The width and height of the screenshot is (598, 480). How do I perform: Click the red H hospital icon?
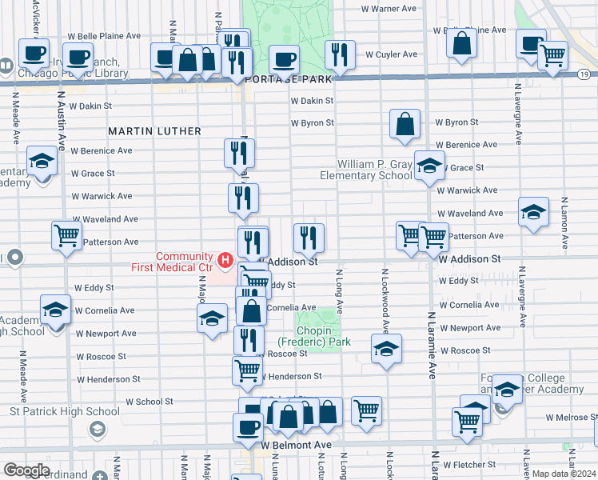[225, 260]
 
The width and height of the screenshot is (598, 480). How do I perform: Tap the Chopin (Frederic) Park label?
[323, 335]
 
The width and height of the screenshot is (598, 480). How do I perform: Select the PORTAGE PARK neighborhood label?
[277, 80]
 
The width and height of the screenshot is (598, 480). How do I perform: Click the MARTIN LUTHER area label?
[154, 130]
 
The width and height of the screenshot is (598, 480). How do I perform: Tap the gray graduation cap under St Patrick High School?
[97, 430]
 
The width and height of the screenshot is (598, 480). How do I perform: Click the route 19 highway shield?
[585, 74]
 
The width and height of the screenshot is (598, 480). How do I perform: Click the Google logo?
[26, 470]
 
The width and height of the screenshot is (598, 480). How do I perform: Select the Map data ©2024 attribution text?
[563, 474]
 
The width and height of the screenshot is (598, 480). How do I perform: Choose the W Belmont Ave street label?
[296, 445]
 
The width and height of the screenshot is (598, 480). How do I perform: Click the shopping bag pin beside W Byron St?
[405, 124]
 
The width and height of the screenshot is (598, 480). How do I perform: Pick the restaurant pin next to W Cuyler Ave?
[340, 54]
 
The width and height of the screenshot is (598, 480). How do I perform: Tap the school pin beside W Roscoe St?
[386, 349]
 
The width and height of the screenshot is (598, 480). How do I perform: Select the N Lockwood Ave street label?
[385, 300]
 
